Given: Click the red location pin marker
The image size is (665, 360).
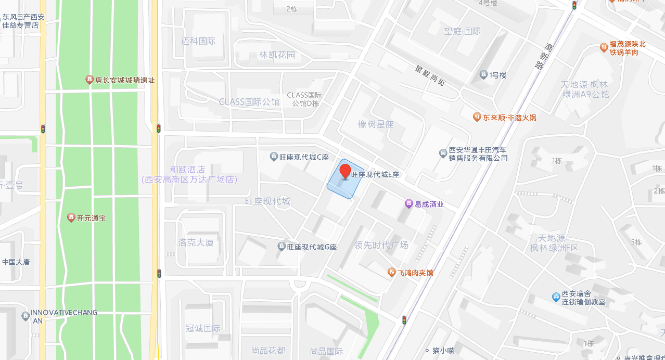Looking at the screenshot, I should (x=345, y=171).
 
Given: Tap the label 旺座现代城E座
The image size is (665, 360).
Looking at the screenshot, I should (x=375, y=175).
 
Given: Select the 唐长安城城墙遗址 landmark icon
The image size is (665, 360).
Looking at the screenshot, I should (x=89, y=80).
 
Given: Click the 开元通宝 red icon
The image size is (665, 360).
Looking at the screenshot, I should (x=71, y=217).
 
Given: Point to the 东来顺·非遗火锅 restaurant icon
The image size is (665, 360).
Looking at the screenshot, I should (x=477, y=117).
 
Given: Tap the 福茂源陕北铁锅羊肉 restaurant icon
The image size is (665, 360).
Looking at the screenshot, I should (x=604, y=47).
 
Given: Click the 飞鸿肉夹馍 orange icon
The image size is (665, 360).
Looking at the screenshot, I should (x=392, y=272).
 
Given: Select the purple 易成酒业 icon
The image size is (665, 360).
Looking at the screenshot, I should (x=409, y=204).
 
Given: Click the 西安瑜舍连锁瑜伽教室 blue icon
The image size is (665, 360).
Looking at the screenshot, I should (x=556, y=297).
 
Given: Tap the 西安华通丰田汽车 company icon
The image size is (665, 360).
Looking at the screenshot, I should (x=443, y=153).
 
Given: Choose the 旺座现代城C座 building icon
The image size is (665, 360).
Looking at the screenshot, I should (x=274, y=157).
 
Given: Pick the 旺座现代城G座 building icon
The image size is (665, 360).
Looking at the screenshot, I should (x=282, y=247).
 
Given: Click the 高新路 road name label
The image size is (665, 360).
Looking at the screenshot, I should (x=544, y=57).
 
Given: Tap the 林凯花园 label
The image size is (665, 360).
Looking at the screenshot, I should (x=277, y=55).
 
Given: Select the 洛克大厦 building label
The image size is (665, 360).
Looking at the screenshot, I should (x=196, y=242).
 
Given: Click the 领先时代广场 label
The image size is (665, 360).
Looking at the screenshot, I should (x=381, y=245).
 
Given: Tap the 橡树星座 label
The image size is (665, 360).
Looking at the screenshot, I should (x=376, y=124).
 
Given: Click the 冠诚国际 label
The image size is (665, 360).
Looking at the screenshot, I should (x=203, y=328).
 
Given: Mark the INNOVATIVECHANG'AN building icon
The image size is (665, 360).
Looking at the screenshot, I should (x=25, y=315).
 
